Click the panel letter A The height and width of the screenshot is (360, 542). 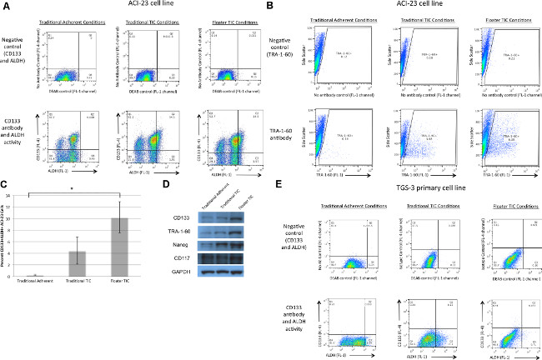6,7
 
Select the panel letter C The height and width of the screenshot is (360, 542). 6,184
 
